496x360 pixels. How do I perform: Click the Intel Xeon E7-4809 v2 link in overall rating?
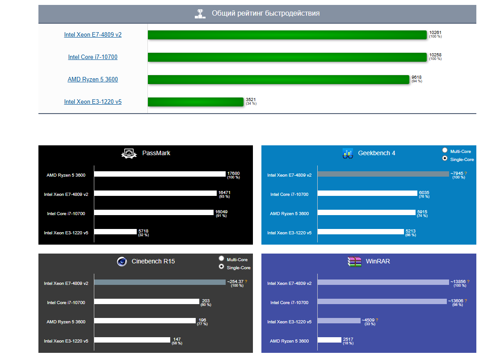(x=92, y=35)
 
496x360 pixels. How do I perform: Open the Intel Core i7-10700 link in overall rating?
(x=92, y=57)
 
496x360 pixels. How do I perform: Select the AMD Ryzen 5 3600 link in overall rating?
(x=92, y=80)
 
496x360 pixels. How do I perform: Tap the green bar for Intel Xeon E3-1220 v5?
(x=196, y=102)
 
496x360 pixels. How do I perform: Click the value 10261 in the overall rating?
(x=435, y=33)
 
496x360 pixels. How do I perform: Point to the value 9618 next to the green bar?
(x=416, y=77)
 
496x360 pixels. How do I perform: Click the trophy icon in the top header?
(x=200, y=14)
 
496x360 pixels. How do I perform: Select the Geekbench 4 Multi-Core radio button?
(x=445, y=151)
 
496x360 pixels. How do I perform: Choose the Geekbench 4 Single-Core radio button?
(x=445, y=158)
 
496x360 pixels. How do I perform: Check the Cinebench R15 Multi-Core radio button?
(x=221, y=258)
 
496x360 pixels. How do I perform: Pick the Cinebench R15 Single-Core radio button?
(x=221, y=267)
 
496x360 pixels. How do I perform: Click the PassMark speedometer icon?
(x=129, y=153)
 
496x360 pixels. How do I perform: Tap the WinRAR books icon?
(x=354, y=261)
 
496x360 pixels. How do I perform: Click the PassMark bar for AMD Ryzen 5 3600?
(x=160, y=174)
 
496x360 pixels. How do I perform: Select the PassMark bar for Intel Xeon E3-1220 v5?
(x=115, y=232)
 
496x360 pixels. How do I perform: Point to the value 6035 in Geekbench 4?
(x=424, y=193)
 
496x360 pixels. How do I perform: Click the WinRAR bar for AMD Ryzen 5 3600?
(x=329, y=340)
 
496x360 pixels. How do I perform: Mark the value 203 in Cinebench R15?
(x=206, y=301)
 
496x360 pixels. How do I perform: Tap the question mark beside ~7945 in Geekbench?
(x=466, y=174)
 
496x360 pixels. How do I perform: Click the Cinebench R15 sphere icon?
(x=121, y=262)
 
